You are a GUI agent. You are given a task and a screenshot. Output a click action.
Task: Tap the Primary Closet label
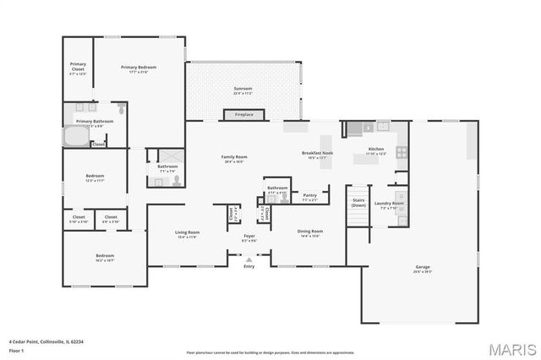pos(78,67)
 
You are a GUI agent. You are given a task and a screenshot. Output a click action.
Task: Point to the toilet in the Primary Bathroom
pos(122,110)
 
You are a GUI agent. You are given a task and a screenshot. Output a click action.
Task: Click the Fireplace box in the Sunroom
pos(243,114)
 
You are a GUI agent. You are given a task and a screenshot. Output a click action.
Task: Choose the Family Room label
pos(234,157)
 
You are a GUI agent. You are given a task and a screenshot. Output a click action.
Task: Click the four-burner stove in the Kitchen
pos(400,153)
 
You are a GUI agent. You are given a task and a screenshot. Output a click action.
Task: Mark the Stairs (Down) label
pos(358,203)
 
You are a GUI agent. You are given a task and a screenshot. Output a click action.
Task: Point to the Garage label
pos(422,267)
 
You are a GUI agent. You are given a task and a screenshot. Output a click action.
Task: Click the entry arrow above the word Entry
pos(249,259)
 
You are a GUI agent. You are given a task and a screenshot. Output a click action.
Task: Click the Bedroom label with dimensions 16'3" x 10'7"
pos(105,255)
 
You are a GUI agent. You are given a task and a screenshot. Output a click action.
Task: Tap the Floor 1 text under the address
pos(17,348)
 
